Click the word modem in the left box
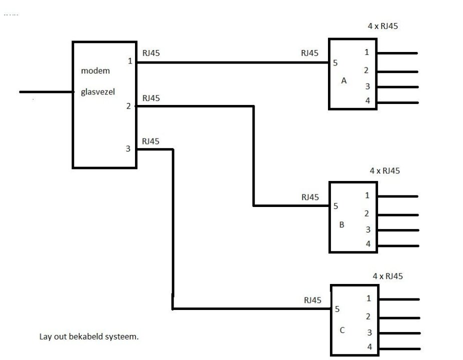(x=95, y=71)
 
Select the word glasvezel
(x=98, y=92)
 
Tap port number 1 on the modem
(x=130, y=61)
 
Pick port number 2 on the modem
(x=128, y=106)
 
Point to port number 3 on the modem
(x=128, y=148)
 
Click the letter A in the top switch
(x=343, y=80)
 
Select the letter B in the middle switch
(x=342, y=224)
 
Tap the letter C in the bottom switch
(x=342, y=330)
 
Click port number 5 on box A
(x=335, y=63)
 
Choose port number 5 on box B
(x=336, y=205)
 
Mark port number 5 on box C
(x=337, y=309)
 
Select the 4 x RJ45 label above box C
(x=388, y=275)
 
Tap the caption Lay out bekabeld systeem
(x=89, y=336)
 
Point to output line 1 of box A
(x=397, y=52)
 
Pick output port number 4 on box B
(x=368, y=244)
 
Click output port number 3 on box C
(x=369, y=332)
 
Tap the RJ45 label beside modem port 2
(x=151, y=98)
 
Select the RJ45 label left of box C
(x=312, y=300)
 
